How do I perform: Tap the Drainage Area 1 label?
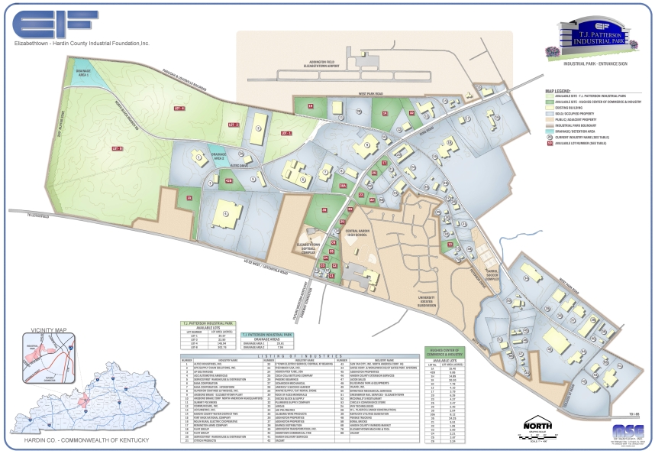click(83, 73)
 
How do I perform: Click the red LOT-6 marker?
click(117, 148)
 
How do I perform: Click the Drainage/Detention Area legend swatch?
click(550, 132)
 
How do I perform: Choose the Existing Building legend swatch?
click(550, 109)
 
